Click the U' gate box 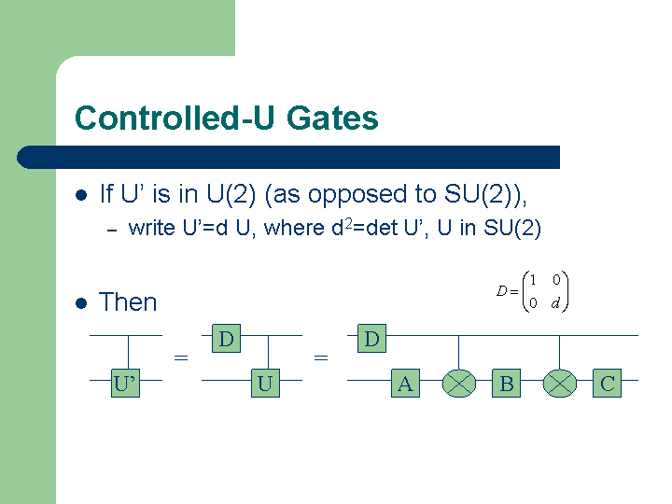pos(126,383)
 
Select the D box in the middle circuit pos(226,339)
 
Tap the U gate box pos(265,383)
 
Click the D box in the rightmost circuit pos(372,339)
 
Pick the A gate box pos(405,383)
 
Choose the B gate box pos(506,383)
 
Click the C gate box pos(607,383)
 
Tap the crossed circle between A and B pos(458,384)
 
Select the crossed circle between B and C pos(559,384)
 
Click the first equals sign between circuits pos(181,357)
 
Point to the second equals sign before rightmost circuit pos(321,357)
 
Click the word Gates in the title pos(332,118)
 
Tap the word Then pos(128,302)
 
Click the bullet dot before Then pos(81,303)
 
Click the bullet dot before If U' pos(81,195)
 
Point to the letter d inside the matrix pos(555,303)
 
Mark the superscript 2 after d pos(349,222)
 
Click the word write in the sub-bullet pos(152,228)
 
